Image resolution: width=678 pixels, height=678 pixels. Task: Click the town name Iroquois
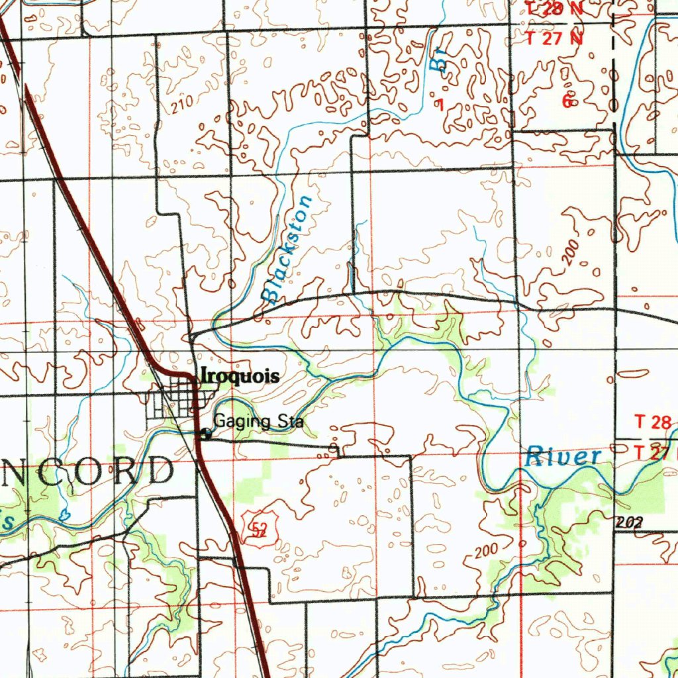click(x=240, y=376)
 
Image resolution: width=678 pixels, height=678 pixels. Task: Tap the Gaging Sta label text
click(x=258, y=422)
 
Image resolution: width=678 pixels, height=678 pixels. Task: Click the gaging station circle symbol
click(x=206, y=434)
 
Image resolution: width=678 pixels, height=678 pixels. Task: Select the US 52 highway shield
click(x=259, y=528)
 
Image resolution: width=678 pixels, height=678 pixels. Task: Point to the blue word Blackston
click(x=286, y=250)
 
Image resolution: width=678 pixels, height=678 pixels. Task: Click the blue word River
click(x=563, y=456)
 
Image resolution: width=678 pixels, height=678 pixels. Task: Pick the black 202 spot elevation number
click(x=628, y=522)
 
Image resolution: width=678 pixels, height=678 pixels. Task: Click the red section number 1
click(x=440, y=105)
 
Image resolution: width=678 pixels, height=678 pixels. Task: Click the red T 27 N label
click(x=554, y=38)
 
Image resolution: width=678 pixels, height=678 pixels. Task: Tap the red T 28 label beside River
click(x=654, y=422)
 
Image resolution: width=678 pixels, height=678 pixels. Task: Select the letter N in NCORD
click(x=15, y=471)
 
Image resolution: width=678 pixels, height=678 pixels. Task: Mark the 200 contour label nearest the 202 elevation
click(x=487, y=550)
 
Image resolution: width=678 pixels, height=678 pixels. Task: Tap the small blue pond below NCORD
click(x=65, y=515)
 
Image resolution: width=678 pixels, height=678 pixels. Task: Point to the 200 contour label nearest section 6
click(x=572, y=253)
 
